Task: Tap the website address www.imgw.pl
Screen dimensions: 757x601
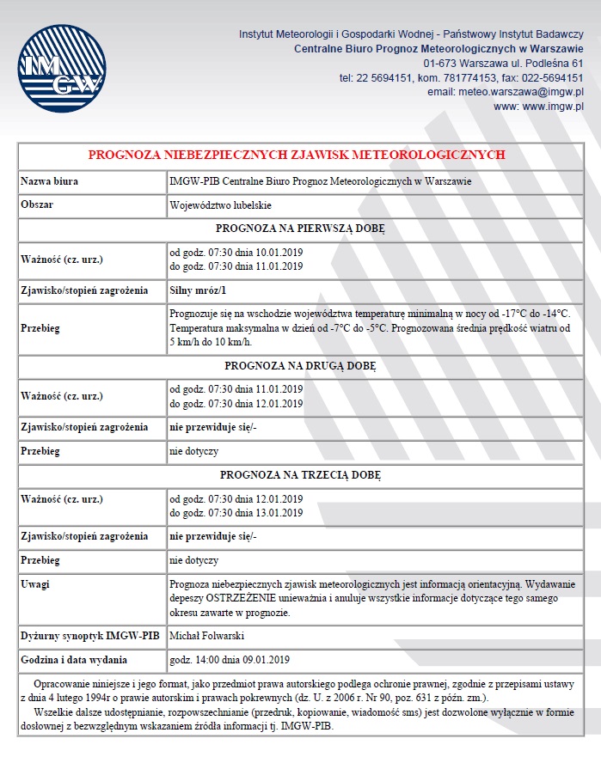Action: coord(539,107)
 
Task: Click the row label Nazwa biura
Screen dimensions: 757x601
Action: coord(48,182)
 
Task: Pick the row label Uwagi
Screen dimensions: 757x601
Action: coord(35,584)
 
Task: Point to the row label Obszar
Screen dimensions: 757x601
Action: coord(38,206)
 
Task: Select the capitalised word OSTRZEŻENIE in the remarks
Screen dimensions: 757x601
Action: coord(253,599)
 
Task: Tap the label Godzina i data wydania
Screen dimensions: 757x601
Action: coord(74,660)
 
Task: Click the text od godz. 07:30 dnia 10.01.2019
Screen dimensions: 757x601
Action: coord(236,253)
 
